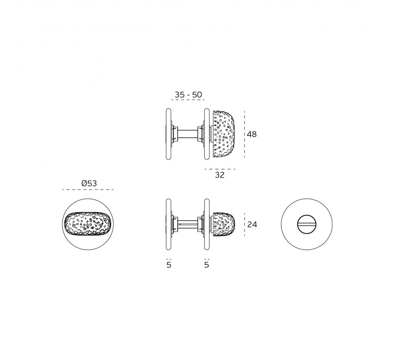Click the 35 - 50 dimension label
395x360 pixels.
click(x=188, y=95)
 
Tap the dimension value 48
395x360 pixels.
click(x=252, y=134)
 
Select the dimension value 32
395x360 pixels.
click(x=220, y=175)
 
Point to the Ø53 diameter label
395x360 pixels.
click(x=89, y=183)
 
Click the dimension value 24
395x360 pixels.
click(x=252, y=224)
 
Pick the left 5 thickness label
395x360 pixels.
click(x=169, y=265)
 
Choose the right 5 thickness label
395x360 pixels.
click(x=207, y=265)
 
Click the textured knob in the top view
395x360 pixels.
click(x=224, y=134)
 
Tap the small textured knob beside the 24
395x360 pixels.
click(x=224, y=224)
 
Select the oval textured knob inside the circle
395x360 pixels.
click(x=87, y=224)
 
